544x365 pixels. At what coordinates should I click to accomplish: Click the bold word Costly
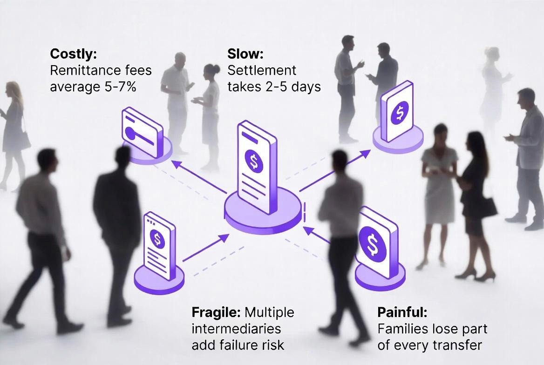click(x=73, y=54)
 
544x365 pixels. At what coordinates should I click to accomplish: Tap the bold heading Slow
click(x=245, y=54)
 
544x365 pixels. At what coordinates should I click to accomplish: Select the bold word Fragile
click(x=216, y=312)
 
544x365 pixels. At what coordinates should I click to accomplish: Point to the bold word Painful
click(x=402, y=312)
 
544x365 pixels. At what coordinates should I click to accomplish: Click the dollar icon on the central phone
click(x=254, y=160)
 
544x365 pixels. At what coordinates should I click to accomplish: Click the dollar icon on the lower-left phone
click(x=157, y=238)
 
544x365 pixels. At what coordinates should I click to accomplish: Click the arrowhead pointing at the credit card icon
click(x=176, y=164)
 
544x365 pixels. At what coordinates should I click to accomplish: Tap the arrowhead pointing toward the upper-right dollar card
click(x=365, y=153)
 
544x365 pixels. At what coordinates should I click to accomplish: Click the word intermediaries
click(x=236, y=329)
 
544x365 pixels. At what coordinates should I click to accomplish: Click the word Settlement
click(x=262, y=70)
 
